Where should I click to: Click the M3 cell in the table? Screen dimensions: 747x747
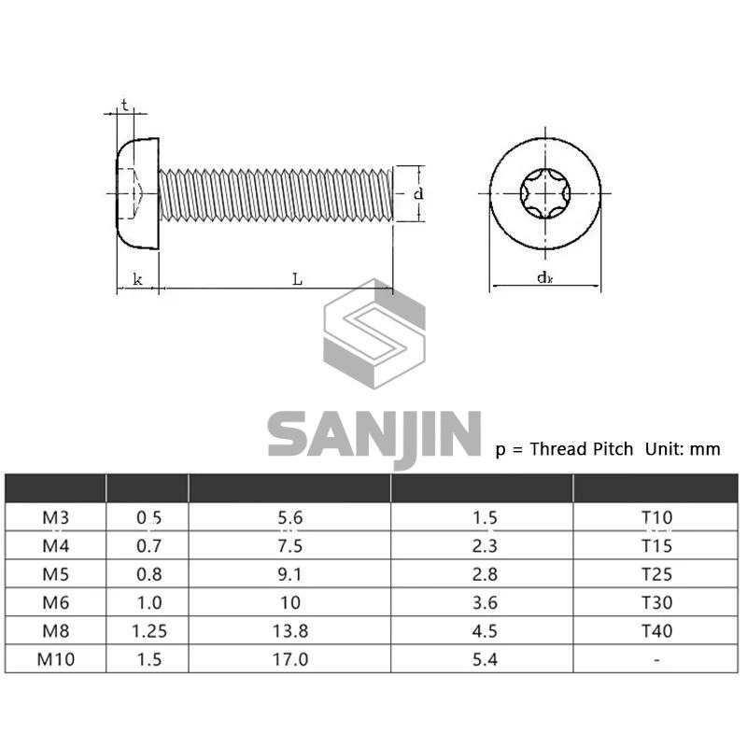56,517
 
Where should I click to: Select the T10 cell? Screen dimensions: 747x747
656,517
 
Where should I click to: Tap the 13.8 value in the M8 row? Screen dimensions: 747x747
290,631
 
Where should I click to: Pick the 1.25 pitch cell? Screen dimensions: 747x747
149,631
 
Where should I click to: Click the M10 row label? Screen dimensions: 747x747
56,659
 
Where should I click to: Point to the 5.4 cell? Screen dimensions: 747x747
485,659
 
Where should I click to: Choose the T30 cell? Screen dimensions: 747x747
656,602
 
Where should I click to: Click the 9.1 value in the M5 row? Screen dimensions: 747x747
289,574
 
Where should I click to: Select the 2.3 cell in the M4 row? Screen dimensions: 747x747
485,546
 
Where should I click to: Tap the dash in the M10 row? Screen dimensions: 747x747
656,660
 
